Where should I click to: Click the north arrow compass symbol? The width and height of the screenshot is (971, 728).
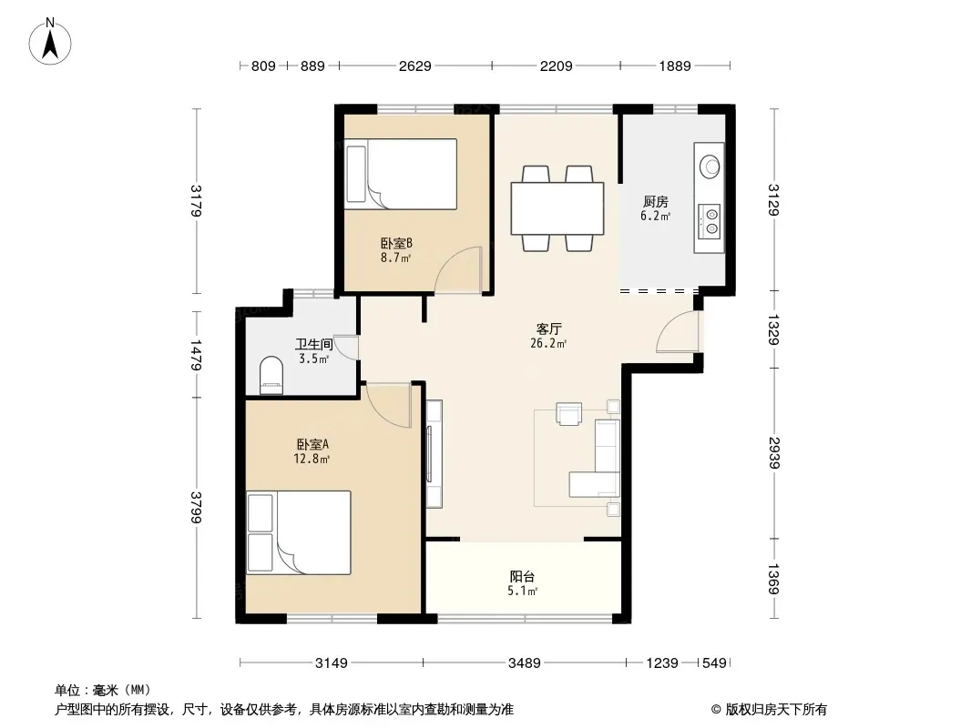(50, 42)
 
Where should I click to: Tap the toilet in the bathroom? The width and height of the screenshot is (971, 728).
(271, 375)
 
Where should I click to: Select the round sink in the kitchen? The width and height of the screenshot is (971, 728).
(710, 166)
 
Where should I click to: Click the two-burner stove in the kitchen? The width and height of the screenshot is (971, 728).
(710, 221)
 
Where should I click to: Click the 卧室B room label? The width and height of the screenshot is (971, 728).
(396, 244)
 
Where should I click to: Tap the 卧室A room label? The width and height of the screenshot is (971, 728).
(312, 444)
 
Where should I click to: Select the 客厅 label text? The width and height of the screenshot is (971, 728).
(548, 329)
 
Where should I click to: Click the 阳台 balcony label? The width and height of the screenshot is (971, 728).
(522, 576)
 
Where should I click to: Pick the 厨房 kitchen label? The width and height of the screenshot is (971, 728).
(655, 202)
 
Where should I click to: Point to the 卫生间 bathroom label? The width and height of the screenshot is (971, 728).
(314, 345)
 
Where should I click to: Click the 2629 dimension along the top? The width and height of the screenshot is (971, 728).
(414, 66)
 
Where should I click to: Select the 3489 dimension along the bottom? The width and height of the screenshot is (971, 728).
(525, 663)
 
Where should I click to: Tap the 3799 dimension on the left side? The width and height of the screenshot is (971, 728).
(197, 507)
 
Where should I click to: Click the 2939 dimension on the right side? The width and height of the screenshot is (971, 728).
(774, 453)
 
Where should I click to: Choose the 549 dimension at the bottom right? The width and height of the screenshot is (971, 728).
(714, 663)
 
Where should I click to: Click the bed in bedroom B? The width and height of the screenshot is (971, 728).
(402, 174)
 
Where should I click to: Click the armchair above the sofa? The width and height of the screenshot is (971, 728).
(569, 414)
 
